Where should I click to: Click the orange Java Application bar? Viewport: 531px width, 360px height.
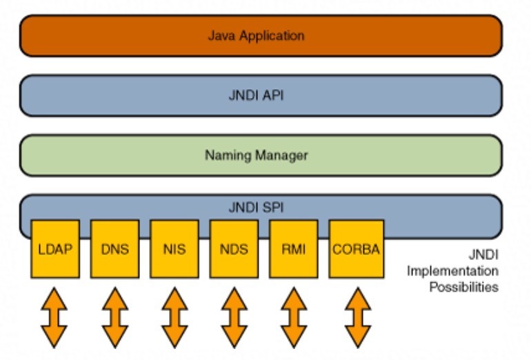point(261,35)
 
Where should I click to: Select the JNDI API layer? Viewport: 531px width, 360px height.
point(261,95)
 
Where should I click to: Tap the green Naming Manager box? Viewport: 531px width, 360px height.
point(261,155)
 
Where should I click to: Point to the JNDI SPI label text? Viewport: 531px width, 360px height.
point(257,206)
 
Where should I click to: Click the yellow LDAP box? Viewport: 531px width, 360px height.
point(55,248)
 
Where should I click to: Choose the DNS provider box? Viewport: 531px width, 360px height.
point(114,248)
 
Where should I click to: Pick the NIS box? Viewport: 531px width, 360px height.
point(174,248)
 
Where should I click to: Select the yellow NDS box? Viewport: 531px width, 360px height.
point(234,248)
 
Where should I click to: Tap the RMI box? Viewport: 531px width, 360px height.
point(293,248)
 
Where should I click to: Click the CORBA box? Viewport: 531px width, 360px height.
point(356,248)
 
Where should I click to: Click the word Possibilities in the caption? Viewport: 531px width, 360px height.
point(463,288)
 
